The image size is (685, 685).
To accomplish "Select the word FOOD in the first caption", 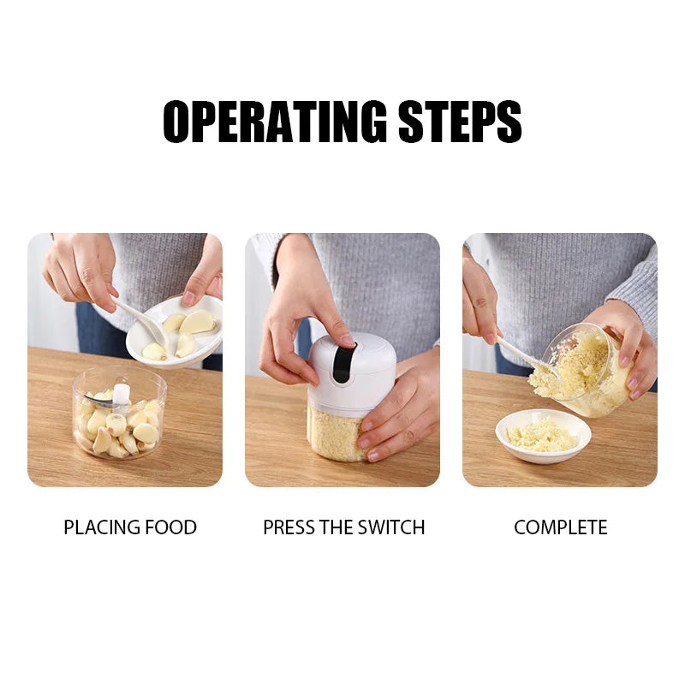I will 170,527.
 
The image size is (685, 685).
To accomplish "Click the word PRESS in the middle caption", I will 289,527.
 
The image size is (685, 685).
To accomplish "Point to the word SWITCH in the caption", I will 390,527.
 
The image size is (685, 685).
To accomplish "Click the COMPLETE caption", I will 560,527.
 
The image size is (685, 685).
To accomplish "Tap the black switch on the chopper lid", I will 342,363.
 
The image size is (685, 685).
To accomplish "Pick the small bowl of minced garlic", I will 543,435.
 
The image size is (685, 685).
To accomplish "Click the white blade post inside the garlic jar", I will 122,393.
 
